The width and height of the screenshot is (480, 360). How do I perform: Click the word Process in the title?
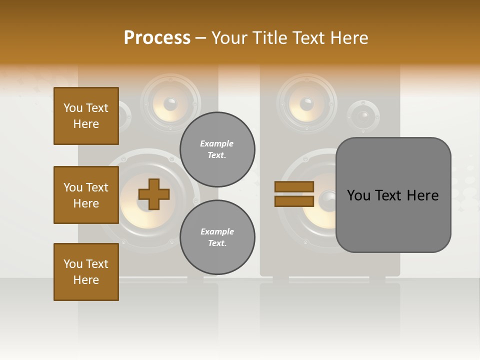(157, 38)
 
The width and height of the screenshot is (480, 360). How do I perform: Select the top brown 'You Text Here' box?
(86, 116)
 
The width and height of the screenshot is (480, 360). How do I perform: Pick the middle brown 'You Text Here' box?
(86, 195)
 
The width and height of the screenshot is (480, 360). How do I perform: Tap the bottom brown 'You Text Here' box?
(86, 272)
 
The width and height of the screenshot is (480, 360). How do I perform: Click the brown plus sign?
(154, 194)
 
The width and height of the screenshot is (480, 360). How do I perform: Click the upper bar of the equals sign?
(294, 186)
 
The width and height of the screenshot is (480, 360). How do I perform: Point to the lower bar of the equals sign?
(294, 201)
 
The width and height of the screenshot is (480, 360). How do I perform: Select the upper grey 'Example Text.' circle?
(217, 149)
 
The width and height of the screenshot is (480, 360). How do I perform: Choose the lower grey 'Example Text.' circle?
(217, 237)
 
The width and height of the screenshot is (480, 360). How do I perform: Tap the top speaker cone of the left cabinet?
(170, 104)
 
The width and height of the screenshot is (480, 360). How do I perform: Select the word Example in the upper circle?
(216, 143)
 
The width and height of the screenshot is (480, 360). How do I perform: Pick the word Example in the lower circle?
(217, 231)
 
